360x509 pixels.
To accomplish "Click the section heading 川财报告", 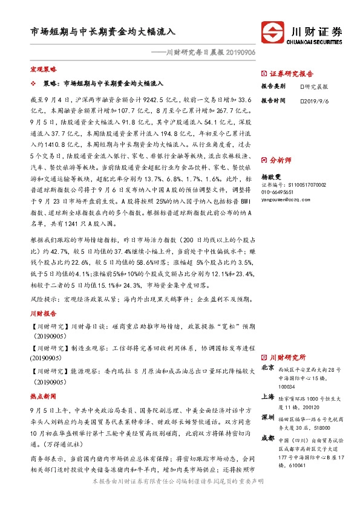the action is tap(42, 314).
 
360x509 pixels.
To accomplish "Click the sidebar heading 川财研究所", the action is tap(287, 357).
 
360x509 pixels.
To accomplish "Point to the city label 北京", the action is tap(268, 368).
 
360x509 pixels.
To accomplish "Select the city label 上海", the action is tap(268, 397).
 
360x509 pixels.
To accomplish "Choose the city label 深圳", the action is tap(268, 418).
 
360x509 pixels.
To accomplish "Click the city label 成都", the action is tap(268, 438).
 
